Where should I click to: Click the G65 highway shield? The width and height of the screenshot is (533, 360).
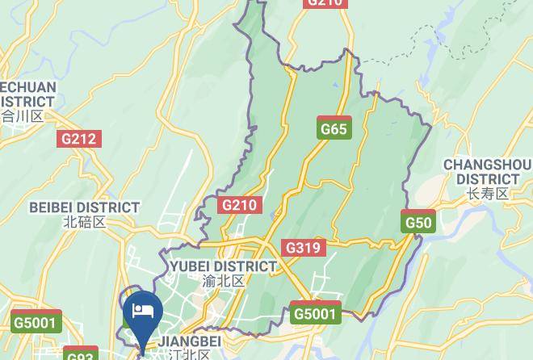coord(334,128)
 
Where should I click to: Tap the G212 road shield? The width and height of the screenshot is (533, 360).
coord(79,139)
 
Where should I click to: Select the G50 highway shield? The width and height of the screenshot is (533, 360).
coord(418,222)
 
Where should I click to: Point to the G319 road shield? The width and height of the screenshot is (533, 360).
coord(304,248)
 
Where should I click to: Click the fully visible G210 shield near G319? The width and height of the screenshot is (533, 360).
coord(239,205)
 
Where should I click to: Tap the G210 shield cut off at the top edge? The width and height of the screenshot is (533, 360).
coord(325,3)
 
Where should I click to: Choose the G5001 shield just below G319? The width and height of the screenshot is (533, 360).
coord(316,313)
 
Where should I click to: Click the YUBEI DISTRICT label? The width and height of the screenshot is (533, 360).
coord(223,266)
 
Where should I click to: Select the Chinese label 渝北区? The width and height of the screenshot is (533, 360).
coord(223,281)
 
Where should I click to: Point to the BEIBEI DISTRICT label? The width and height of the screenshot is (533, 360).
coord(84,207)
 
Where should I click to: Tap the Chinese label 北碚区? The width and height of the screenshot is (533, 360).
coord(84,222)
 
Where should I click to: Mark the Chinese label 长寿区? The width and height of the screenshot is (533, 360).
coord(487,194)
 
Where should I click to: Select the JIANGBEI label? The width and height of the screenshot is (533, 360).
coord(189,342)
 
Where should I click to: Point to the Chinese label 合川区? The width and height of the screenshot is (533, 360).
coord(22,116)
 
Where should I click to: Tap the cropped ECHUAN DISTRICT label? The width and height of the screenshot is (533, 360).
coord(27,94)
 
